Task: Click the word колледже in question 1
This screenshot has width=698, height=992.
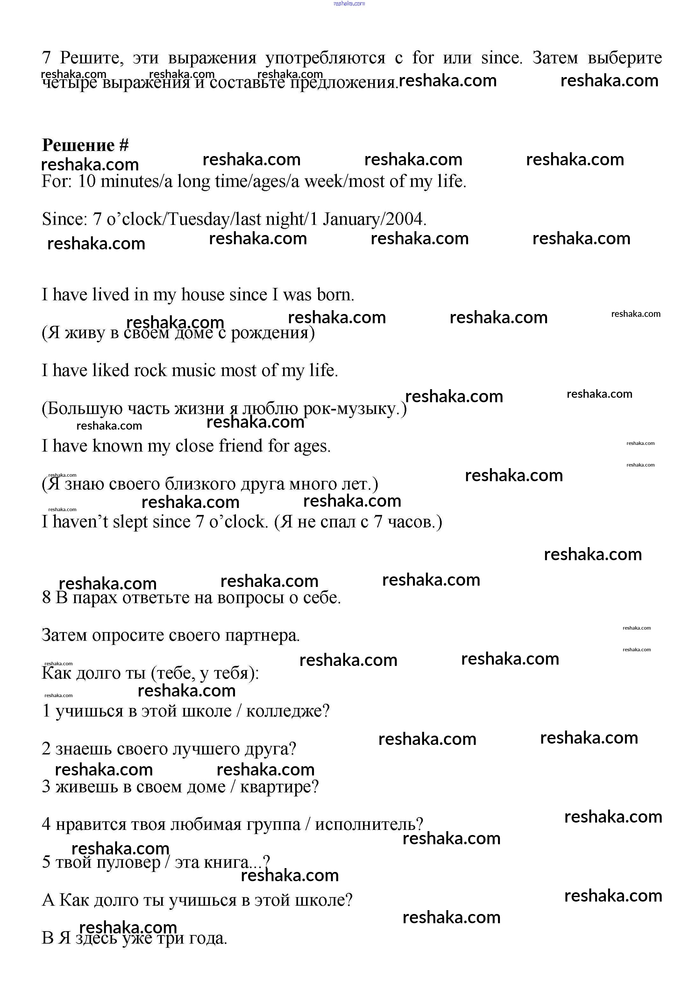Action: click(x=287, y=711)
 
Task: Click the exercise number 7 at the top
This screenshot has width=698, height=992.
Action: click(x=46, y=57)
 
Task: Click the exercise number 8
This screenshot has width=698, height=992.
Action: click(x=46, y=597)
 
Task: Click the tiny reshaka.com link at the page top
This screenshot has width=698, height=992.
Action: click(x=349, y=4)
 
